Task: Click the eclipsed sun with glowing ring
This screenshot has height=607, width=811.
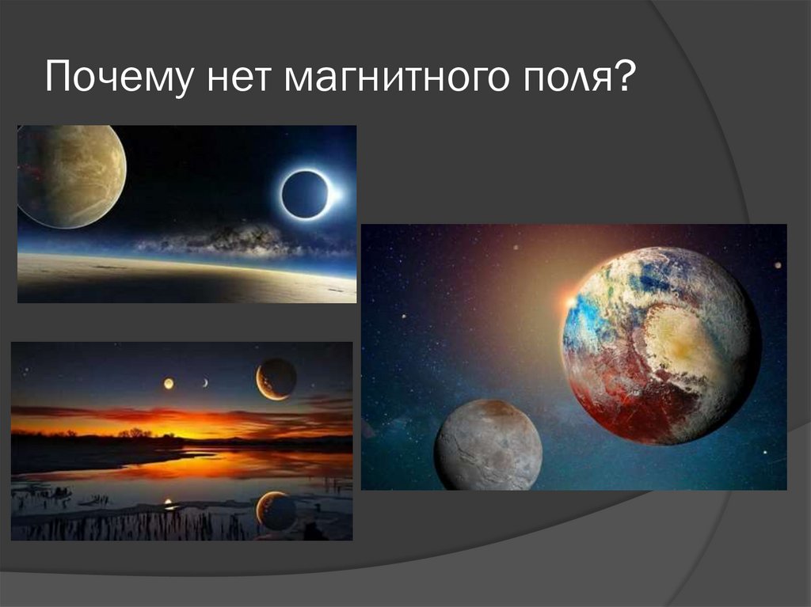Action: pyautogui.click(x=306, y=194)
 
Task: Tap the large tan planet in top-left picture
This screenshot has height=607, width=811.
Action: pyautogui.click(x=71, y=176)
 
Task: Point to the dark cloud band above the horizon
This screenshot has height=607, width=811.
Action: pyautogui.click(x=230, y=238)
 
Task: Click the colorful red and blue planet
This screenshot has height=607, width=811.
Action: pyautogui.click(x=661, y=345)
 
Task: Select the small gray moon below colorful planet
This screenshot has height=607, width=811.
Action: pyautogui.click(x=488, y=445)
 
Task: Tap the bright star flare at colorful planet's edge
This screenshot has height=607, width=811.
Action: pyautogui.click(x=570, y=302)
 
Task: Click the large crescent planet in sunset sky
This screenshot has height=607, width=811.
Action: pyautogui.click(x=276, y=378)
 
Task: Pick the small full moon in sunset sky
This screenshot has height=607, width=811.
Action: pyautogui.click(x=169, y=383)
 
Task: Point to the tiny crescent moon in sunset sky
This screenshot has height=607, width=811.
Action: pyautogui.click(x=205, y=383)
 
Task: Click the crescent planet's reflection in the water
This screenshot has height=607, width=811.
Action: pyautogui.click(x=276, y=510)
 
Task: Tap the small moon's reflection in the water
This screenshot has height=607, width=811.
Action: pyautogui.click(x=167, y=502)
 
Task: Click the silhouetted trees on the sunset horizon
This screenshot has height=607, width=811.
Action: pyautogui.click(x=135, y=433)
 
